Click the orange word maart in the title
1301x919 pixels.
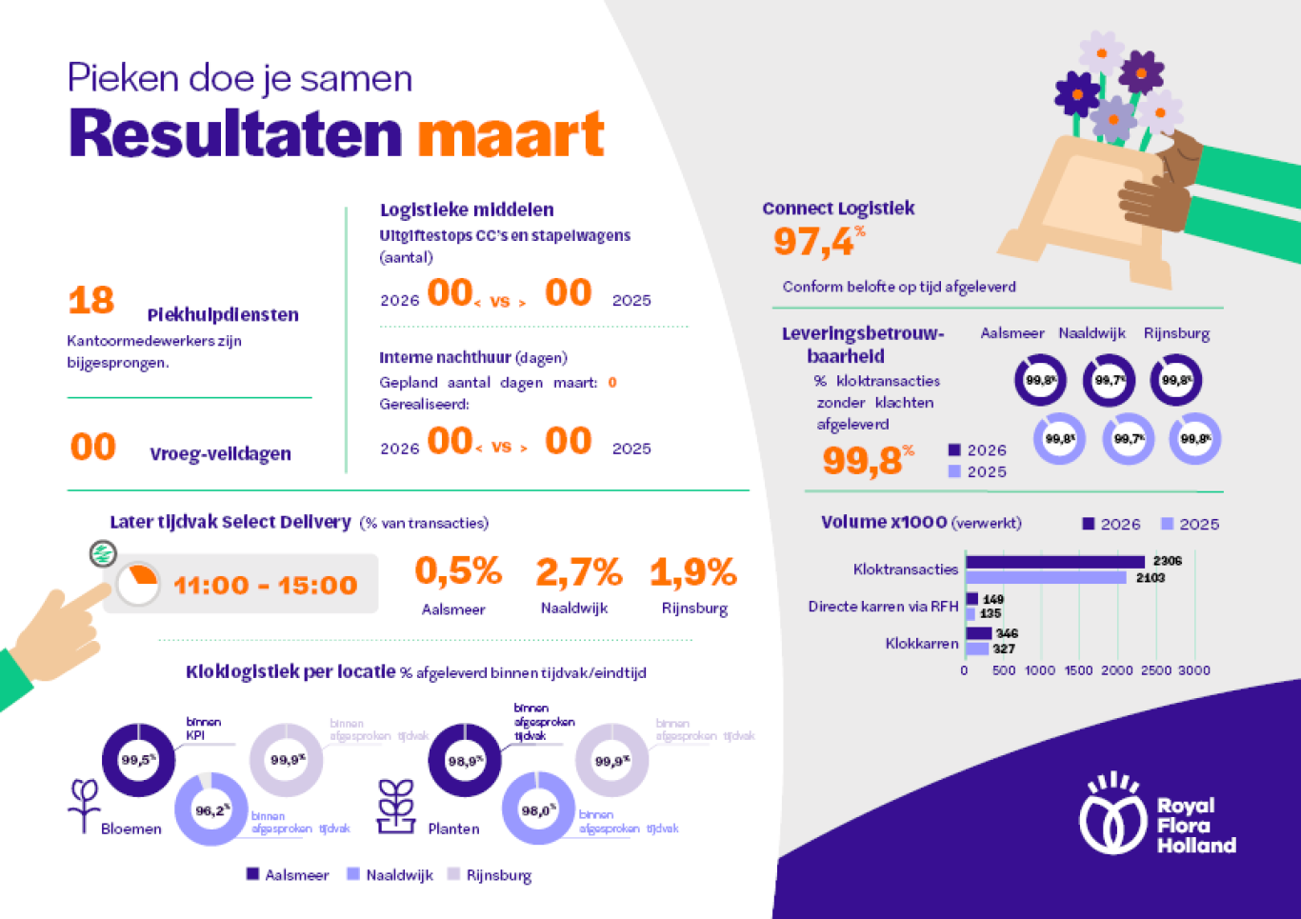[x=510, y=134]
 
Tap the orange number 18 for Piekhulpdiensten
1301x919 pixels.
[x=91, y=301]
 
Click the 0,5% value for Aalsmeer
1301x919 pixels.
[x=458, y=571]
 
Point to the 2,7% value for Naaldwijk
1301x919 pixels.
[x=578, y=572]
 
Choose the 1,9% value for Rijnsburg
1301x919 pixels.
[x=693, y=572]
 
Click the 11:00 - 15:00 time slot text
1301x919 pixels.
[x=265, y=585]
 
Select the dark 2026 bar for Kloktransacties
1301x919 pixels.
[x=1054, y=562]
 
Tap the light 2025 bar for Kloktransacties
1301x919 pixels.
[x=1046, y=578]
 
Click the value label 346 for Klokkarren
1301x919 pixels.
[x=1007, y=633]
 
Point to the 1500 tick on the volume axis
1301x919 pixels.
[x=1078, y=670]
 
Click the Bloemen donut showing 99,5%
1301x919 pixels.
[x=138, y=760]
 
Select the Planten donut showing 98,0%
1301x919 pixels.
[x=538, y=809]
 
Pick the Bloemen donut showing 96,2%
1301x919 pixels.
[x=211, y=809]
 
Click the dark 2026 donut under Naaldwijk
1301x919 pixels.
[x=1109, y=380]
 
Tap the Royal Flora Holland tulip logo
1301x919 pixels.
[x=1111, y=815]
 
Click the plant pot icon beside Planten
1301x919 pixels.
[x=395, y=807]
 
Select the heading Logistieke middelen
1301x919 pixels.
[x=467, y=210]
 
